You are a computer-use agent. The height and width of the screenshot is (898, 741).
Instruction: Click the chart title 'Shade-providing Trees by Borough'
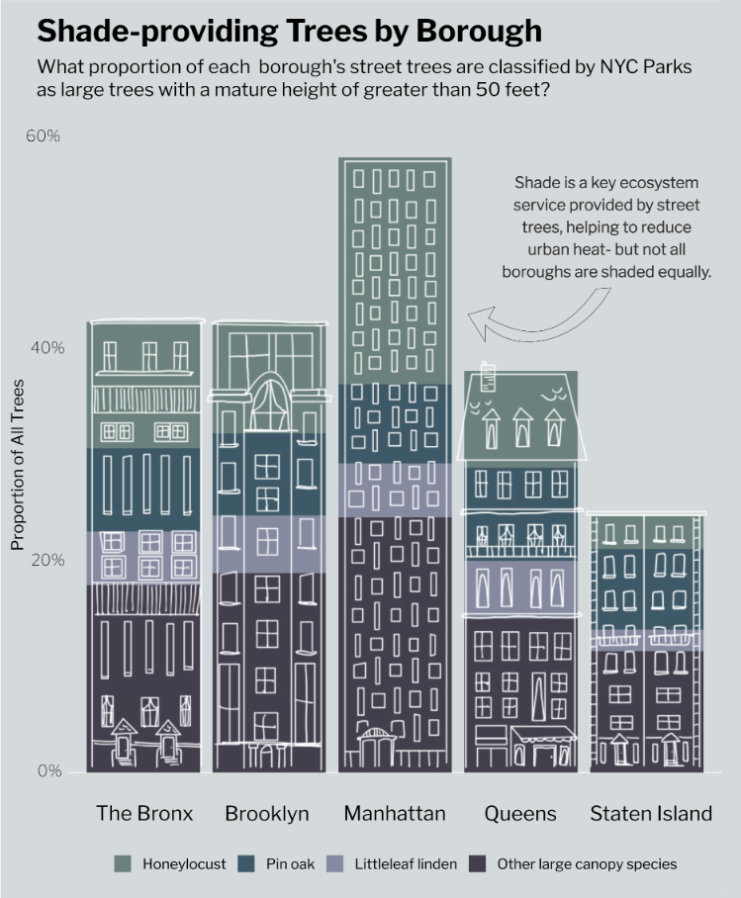(x=289, y=31)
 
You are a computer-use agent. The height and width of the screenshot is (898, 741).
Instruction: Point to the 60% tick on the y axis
(x=43, y=135)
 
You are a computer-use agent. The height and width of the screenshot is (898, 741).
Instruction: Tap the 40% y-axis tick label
(x=43, y=348)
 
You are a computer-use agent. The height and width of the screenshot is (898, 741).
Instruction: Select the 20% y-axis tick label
(x=43, y=560)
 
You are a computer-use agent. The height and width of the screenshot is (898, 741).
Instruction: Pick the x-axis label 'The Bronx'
(x=144, y=814)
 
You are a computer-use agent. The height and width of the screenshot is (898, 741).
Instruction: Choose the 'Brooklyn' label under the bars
(x=267, y=814)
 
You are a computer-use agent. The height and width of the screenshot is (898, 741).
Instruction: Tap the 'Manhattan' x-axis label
(x=395, y=814)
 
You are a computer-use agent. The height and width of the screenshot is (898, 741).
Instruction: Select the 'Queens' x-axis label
(x=520, y=814)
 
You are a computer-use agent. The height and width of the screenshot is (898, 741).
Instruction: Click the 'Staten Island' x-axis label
(x=651, y=814)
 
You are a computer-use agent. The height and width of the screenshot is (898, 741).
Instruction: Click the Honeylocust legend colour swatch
(x=123, y=863)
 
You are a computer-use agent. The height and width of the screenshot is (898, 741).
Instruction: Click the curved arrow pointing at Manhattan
(x=534, y=316)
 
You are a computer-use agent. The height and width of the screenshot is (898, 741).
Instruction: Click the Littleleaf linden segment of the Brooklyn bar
(x=269, y=544)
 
